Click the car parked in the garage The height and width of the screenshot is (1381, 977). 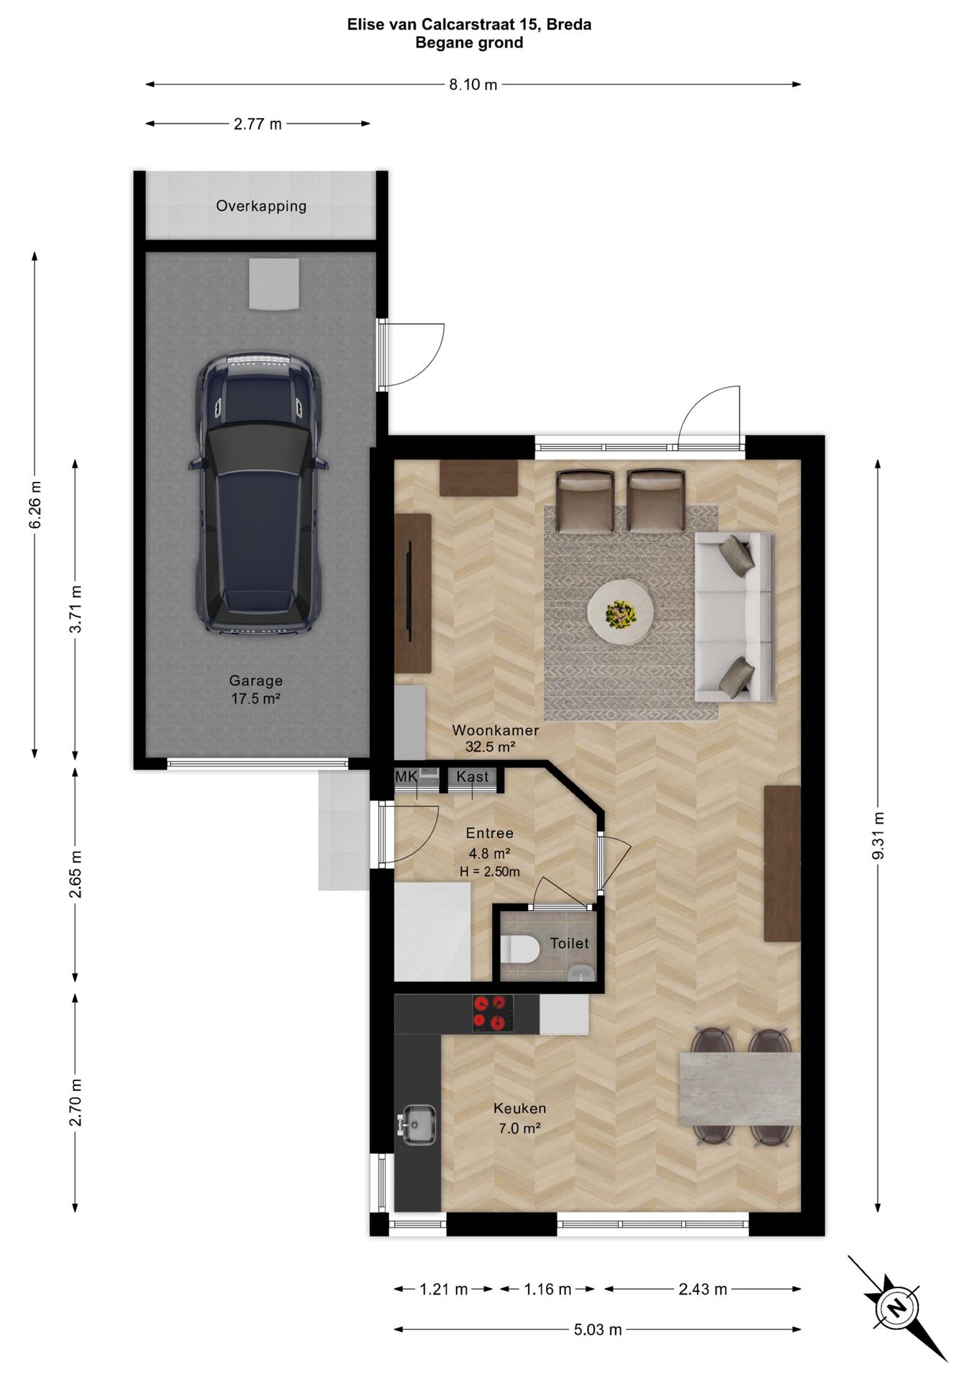click(x=257, y=493)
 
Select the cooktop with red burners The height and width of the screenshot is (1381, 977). click(x=493, y=1013)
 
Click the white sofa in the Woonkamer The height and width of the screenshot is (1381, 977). click(x=734, y=616)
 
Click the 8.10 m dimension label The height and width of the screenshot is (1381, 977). click(x=473, y=85)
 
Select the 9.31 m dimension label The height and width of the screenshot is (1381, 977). click(x=878, y=835)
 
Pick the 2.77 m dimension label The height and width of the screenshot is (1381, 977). click(x=258, y=124)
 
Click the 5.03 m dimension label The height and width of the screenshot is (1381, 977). click(x=598, y=1330)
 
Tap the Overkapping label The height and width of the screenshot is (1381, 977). click(x=261, y=206)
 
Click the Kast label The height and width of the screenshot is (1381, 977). click(x=473, y=777)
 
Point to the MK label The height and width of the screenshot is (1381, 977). click(x=406, y=777)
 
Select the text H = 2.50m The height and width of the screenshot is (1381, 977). click(x=490, y=872)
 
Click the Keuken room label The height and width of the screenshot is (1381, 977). click(x=519, y=1108)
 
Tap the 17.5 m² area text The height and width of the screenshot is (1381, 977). click(x=255, y=698)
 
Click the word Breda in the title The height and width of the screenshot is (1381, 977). click(x=568, y=24)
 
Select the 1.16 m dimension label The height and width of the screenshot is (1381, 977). click(x=547, y=1289)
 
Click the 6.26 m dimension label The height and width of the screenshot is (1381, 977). click(x=35, y=504)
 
